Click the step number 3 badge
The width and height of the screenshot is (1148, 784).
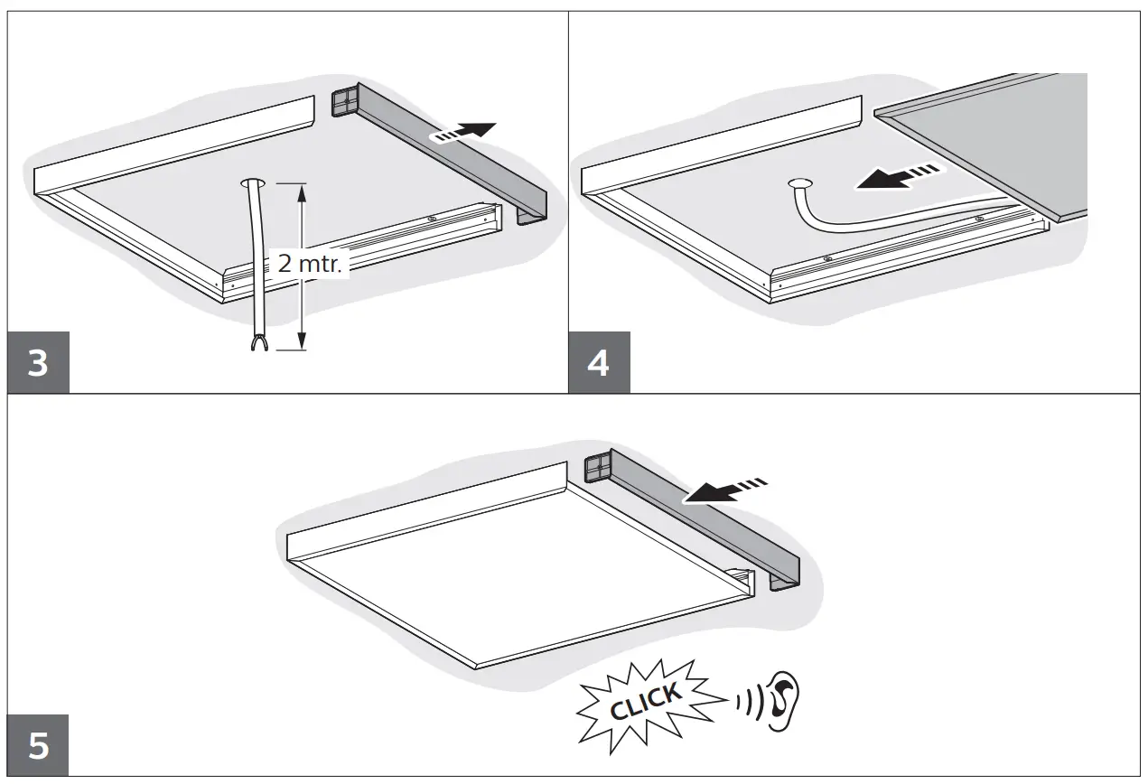(x=38, y=364)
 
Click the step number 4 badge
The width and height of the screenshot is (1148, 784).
(x=599, y=364)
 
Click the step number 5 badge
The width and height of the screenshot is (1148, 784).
(x=38, y=746)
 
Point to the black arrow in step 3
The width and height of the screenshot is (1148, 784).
(x=468, y=132)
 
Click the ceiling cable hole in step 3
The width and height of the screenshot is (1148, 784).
(x=253, y=183)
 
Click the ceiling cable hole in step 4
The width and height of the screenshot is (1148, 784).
(x=799, y=184)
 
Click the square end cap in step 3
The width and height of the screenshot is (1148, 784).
(x=345, y=101)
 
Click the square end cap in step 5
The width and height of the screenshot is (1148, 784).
(x=599, y=468)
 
